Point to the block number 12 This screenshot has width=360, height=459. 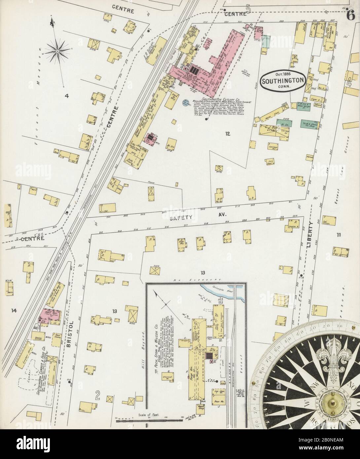(x=227, y=133)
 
